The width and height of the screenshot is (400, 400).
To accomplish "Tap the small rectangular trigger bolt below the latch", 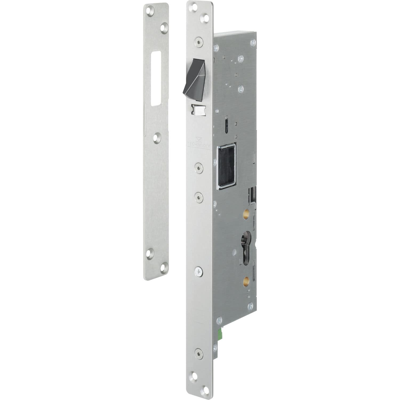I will coord(198,110).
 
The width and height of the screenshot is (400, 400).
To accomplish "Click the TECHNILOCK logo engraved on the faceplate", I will coord(198,143).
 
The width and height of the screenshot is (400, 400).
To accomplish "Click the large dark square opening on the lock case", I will coord(227,166).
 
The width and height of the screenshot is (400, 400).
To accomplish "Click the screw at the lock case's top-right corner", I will coord(253,42).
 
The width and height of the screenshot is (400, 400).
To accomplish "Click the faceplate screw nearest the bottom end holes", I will coord(199,354).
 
